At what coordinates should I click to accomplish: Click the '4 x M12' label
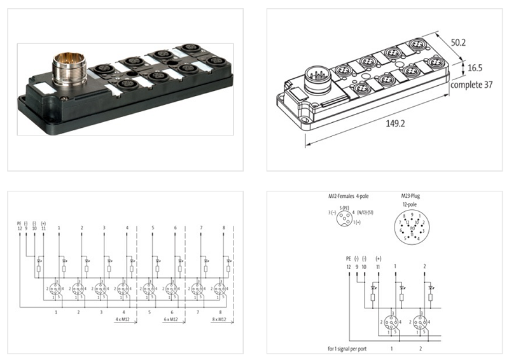click(x=124, y=319)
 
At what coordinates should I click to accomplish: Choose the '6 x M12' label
click(x=170, y=319)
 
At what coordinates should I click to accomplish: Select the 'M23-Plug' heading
click(x=410, y=196)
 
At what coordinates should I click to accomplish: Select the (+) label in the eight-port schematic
click(x=43, y=222)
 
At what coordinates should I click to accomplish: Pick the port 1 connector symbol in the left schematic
click(x=56, y=289)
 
